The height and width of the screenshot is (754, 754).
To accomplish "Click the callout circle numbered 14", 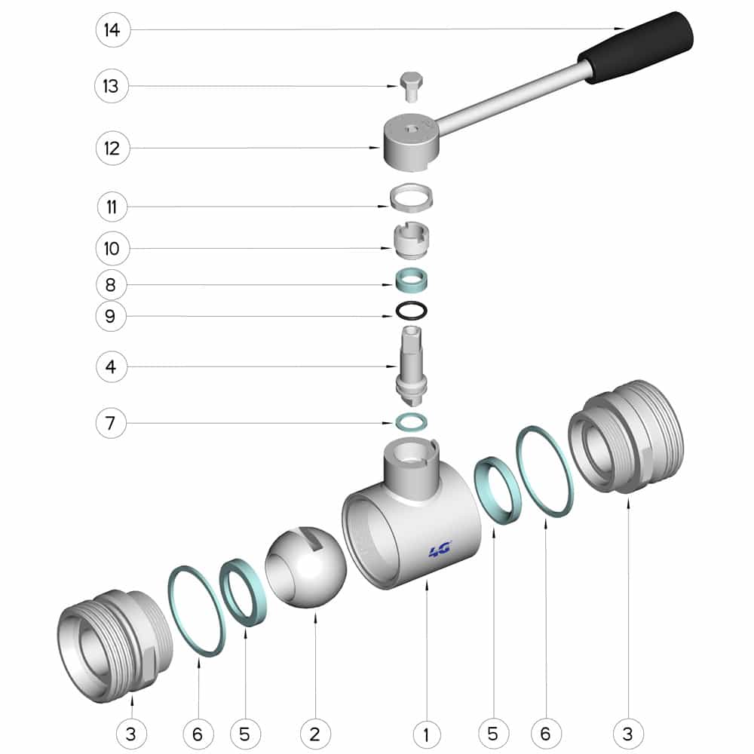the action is [x=113, y=30].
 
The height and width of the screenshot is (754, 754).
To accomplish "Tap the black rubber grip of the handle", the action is [x=636, y=47].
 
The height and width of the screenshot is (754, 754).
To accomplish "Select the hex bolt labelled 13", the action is [x=411, y=87].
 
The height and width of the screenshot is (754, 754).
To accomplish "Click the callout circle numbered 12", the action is [x=113, y=148].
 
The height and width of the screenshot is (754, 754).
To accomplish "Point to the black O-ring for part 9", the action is [x=411, y=311].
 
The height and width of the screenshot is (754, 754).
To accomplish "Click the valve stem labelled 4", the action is [x=411, y=366].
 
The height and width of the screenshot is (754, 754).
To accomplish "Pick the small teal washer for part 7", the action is [x=411, y=422].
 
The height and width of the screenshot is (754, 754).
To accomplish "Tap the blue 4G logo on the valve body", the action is [x=440, y=550].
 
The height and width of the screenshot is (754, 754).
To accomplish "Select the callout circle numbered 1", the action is [x=427, y=734].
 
